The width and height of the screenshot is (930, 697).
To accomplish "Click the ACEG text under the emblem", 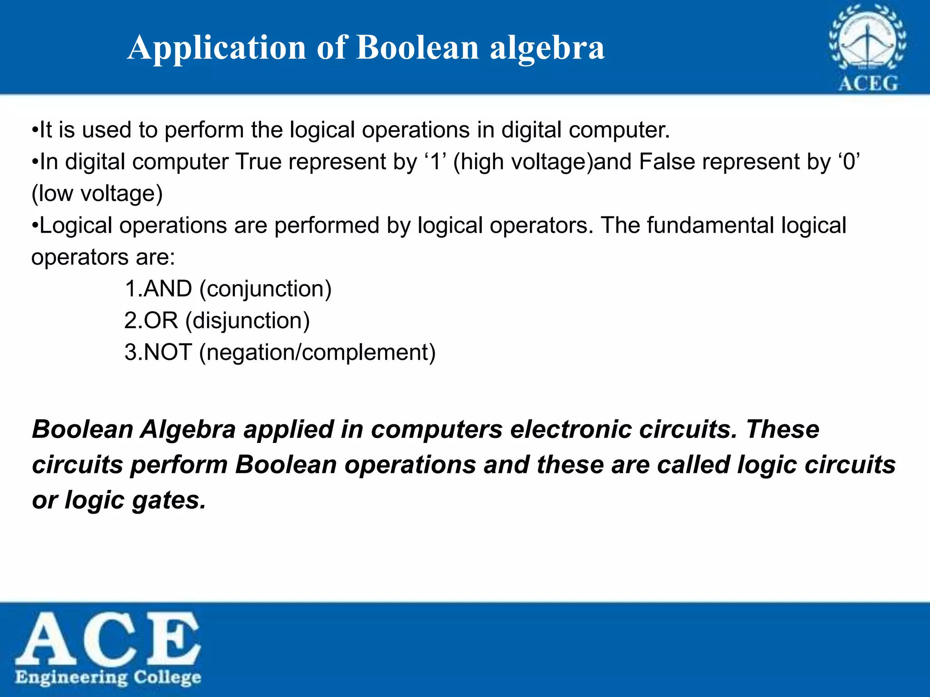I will point(868,83).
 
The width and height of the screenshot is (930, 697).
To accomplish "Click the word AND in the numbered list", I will point(168,289).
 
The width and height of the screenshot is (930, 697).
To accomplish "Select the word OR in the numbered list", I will point(161,321).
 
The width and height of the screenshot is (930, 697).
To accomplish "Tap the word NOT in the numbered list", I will point(168,353).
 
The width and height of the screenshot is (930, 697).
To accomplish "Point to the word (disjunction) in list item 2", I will point(247,321).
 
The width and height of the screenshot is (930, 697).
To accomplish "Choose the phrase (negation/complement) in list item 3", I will point(317,353).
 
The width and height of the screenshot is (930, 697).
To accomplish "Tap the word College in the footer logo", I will point(167,677).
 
